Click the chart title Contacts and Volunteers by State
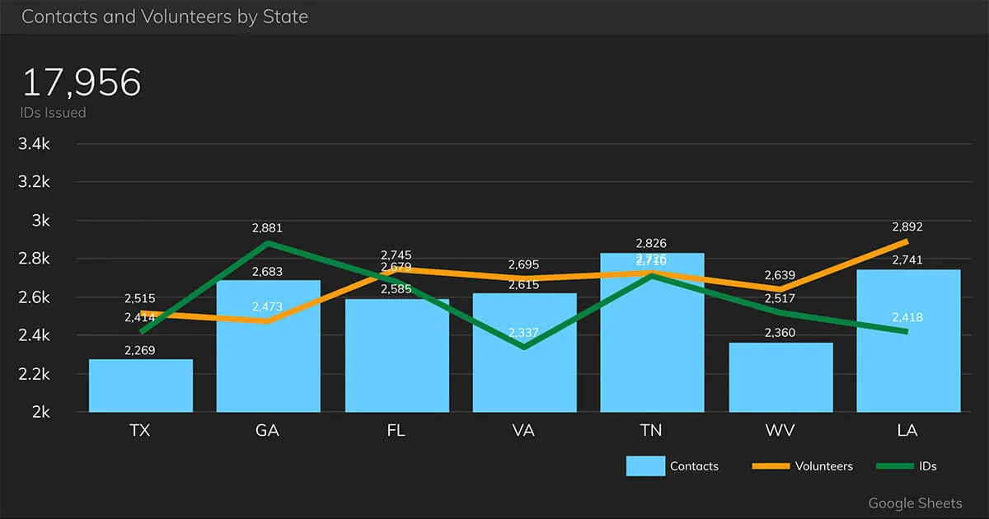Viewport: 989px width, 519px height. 165,16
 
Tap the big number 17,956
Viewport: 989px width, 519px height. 81,83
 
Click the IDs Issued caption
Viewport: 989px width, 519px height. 54,113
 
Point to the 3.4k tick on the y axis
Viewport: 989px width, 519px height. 35,144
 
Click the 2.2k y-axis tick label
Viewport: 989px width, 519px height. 35,374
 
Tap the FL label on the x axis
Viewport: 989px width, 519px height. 396,431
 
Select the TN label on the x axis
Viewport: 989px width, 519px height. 651,431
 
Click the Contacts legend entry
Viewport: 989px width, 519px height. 672,466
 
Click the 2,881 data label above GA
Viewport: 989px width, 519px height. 267,228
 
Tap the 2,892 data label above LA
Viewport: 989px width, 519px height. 907,227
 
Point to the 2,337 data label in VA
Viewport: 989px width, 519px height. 523,333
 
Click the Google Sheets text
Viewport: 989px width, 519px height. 915,503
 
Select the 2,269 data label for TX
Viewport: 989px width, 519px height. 139,350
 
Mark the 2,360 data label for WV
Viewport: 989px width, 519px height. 779,333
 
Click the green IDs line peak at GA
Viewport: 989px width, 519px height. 268,243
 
